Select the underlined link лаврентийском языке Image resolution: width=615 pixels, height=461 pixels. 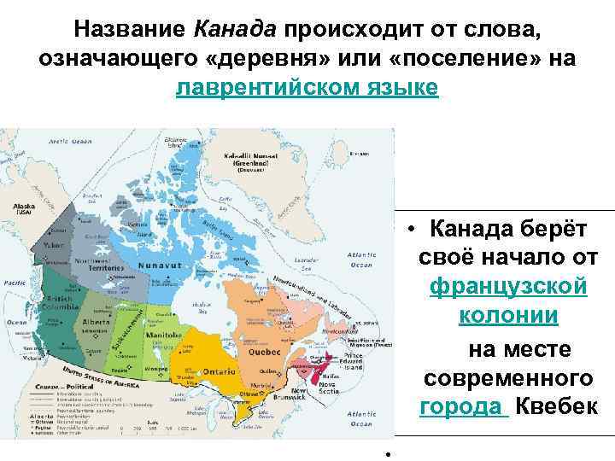[307, 87]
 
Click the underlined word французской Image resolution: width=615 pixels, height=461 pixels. [509, 286]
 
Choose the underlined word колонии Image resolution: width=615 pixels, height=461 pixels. [509, 316]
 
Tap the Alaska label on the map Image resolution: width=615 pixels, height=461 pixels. [23, 207]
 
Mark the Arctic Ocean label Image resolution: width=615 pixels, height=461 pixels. [67, 141]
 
